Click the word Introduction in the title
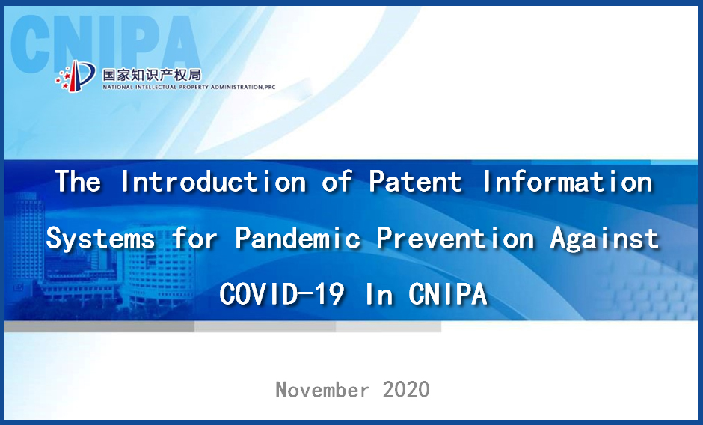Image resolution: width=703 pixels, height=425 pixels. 213,181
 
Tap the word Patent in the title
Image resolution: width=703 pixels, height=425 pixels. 415,181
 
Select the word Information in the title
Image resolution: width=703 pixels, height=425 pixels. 568,181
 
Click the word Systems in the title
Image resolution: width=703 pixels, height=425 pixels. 100,238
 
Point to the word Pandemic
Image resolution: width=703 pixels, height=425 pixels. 298,237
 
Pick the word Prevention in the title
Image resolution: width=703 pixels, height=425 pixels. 455,237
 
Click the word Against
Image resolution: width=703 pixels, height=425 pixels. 604,238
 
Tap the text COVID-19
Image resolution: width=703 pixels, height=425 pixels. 282,294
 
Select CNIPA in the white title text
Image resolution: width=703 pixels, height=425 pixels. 447,294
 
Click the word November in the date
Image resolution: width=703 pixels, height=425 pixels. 322,389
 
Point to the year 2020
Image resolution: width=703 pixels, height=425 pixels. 406,389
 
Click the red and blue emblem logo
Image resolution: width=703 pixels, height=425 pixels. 76,75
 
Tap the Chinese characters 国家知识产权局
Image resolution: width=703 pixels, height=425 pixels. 152,75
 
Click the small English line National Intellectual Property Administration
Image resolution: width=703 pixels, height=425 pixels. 188,87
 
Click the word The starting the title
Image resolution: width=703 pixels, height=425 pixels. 78,181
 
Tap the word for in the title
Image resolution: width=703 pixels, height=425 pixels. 195,237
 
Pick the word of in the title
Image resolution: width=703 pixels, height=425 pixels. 337,181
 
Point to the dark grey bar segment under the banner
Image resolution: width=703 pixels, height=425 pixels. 99,326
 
